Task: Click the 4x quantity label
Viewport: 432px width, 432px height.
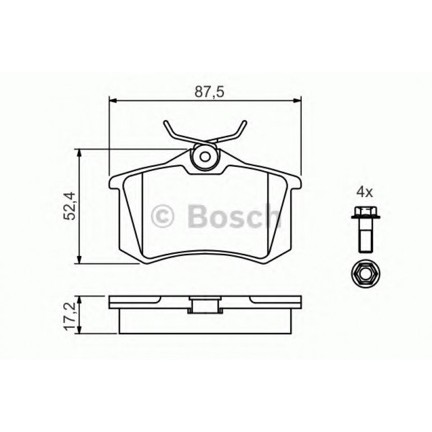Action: [364, 191]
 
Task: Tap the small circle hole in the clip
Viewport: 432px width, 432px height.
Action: [204, 158]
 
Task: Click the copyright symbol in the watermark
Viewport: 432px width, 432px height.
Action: [164, 217]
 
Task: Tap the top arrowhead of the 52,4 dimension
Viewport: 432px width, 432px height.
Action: [80, 153]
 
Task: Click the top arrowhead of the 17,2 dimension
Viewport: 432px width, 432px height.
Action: [80, 298]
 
